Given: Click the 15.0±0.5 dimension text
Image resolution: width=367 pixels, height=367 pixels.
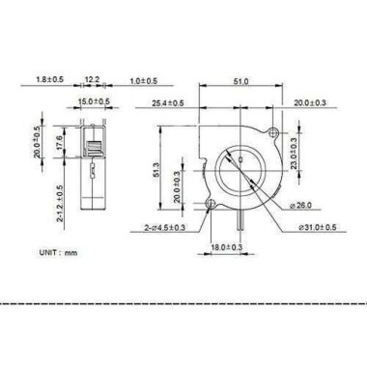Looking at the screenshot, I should [x=94, y=100].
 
